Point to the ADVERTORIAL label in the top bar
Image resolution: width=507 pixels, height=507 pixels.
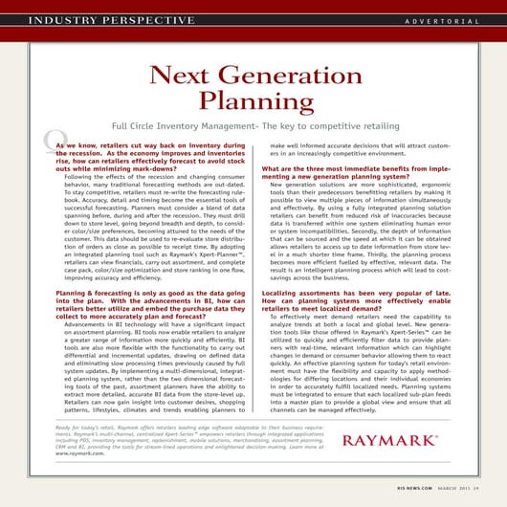pos(441,20)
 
